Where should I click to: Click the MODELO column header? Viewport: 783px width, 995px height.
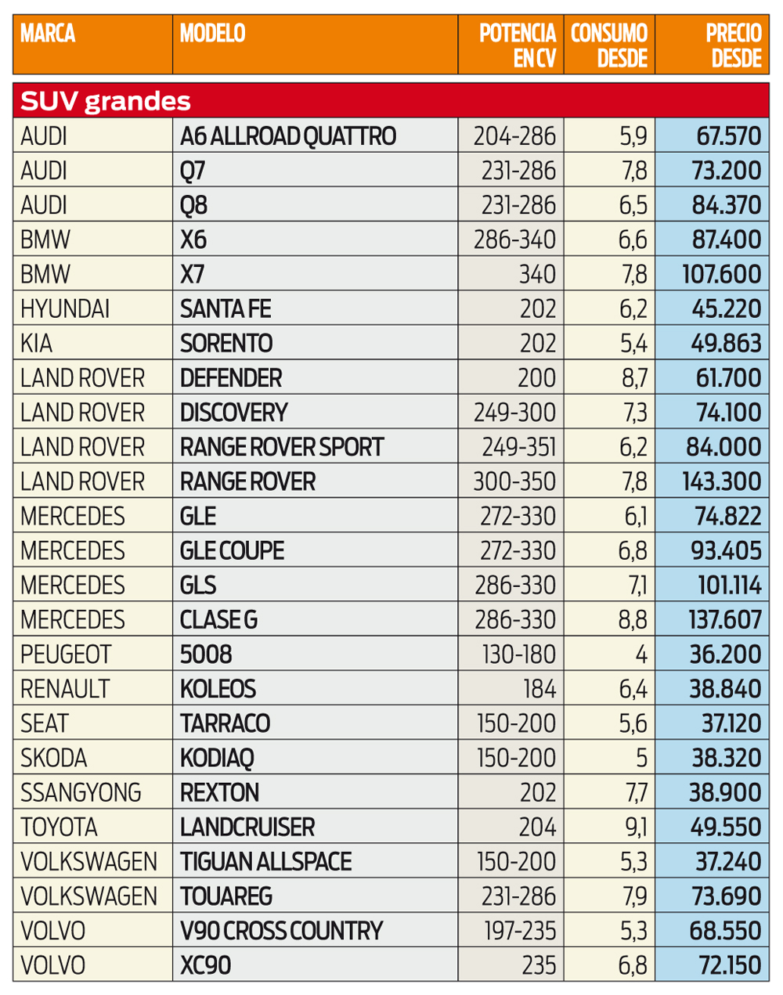pyautogui.click(x=212, y=34)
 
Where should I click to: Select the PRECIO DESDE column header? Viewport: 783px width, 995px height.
pyautogui.click(x=734, y=45)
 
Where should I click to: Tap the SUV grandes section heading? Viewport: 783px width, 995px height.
pyautogui.click(x=105, y=101)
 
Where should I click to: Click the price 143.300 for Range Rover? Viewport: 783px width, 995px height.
pyautogui.click(x=721, y=481)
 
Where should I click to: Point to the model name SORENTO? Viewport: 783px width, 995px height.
pyautogui.click(x=226, y=343)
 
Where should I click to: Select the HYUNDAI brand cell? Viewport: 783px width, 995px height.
pyautogui.click(x=65, y=308)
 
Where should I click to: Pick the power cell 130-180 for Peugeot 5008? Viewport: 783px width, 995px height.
pyautogui.click(x=518, y=654)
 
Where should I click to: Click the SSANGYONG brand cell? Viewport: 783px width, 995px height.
pyautogui.click(x=81, y=792)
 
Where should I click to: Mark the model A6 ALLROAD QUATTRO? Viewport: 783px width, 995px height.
pyautogui.click(x=288, y=136)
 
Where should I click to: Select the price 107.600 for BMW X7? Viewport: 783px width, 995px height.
pyautogui.click(x=721, y=274)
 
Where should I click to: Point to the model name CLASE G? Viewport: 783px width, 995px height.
pyautogui.click(x=218, y=619)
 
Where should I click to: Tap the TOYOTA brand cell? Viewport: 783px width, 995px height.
pyautogui.click(x=59, y=827)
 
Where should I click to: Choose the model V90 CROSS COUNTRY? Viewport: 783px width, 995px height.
pyautogui.click(x=281, y=930)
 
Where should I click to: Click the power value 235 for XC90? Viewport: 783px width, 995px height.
pyautogui.click(x=539, y=964)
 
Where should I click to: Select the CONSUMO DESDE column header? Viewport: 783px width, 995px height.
pyautogui.click(x=609, y=45)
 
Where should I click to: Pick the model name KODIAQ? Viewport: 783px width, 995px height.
pyautogui.click(x=217, y=758)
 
